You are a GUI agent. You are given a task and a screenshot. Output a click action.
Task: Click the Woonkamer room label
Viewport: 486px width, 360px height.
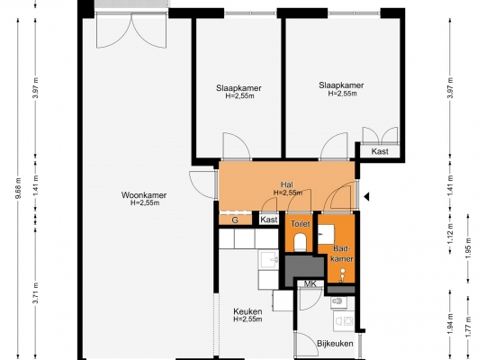coord(144,195)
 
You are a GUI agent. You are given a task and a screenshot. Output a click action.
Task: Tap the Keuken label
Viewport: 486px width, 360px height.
coord(247,311)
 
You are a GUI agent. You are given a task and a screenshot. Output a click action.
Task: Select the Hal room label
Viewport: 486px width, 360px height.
coord(287,184)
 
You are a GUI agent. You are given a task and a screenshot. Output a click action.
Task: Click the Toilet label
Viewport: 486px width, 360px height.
coord(300,223)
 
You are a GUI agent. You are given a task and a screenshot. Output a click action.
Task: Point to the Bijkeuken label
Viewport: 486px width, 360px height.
coord(335,344)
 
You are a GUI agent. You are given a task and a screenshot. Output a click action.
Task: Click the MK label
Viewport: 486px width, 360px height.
coord(310,283)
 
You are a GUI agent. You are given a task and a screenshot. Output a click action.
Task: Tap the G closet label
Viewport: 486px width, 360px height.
coord(235,220)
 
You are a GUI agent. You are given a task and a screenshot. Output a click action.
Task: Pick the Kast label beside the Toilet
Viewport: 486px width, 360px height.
coord(269,220)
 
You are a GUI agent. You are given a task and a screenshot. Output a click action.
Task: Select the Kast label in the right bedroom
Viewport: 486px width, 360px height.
coord(380,151)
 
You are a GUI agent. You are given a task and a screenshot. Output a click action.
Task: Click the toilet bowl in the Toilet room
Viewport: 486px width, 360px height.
coord(300,241)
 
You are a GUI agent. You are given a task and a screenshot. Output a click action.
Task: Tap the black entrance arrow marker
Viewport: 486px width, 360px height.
coord(366,196)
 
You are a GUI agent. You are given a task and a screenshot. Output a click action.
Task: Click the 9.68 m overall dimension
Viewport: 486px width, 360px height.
coord(18,188)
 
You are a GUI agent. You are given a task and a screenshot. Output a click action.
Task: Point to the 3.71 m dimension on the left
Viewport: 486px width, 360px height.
coord(36,293)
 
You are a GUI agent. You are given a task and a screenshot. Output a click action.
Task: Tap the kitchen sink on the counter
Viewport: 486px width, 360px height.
coord(269,260)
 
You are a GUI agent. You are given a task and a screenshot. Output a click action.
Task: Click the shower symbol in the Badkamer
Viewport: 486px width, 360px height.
coord(342,275)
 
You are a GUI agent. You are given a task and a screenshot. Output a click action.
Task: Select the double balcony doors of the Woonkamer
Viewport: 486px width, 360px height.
coord(132,31)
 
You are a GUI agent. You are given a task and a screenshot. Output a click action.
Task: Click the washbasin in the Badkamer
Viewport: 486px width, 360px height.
coord(327,234)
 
